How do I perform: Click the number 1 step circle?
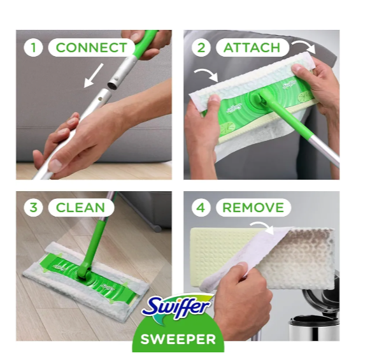[33, 47]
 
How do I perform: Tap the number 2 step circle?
[201, 47]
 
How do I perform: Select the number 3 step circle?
[33, 208]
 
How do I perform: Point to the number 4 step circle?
[201, 208]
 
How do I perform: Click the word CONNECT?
[91, 47]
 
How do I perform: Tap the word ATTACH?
[252, 47]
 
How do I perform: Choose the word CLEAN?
[80, 208]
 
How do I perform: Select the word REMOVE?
[253, 208]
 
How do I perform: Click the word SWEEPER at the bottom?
[178, 339]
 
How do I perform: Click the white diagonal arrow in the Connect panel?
[93, 75]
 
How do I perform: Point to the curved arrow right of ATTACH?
[305, 47]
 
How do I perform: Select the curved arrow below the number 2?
[207, 75]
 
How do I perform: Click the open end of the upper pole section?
[112, 85]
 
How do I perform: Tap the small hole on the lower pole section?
[101, 98]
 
